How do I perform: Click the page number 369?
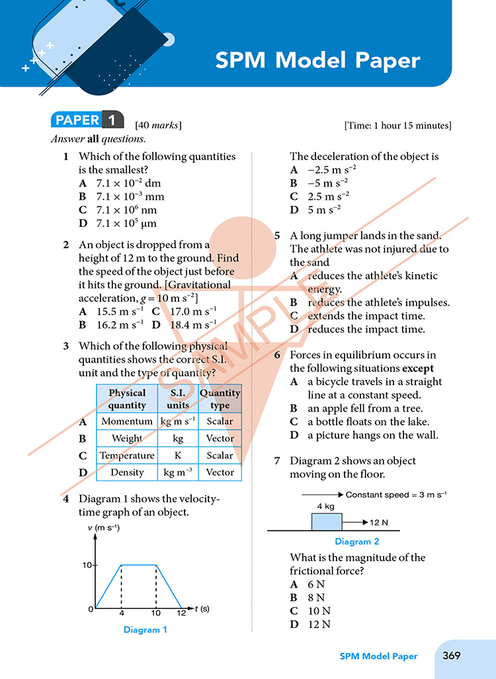pyautogui.click(x=452, y=655)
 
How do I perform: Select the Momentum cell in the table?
pyautogui.click(x=127, y=421)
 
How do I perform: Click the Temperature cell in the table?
pyautogui.click(x=127, y=455)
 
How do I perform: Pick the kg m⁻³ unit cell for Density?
pyautogui.click(x=178, y=473)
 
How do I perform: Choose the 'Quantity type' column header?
pyautogui.click(x=220, y=399)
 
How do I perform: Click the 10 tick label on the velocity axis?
pyautogui.click(x=87, y=565)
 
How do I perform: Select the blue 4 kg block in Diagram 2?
pyautogui.click(x=327, y=521)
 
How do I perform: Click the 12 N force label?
pyautogui.click(x=379, y=523)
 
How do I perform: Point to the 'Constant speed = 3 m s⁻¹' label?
pyautogui.click(x=396, y=494)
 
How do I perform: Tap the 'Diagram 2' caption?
pyautogui.click(x=356, y=541)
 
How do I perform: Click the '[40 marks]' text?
pyautogui.click(x=158, y=125)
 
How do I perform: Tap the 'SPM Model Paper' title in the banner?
pyautogui.click(x=317, y=61)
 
